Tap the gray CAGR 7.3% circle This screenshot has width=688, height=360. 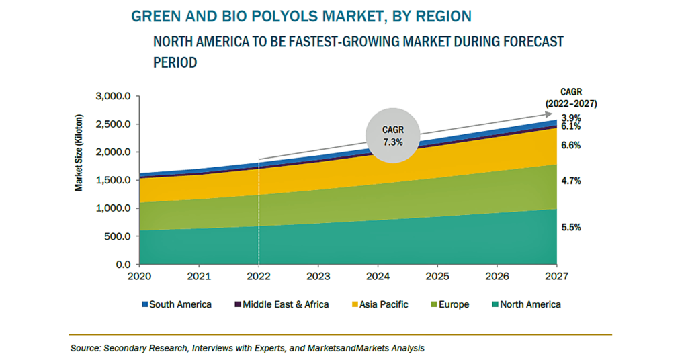pyautogui.click(x=394, y=136)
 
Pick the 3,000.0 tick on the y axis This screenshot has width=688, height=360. pyautogui.click(x=113, y=97)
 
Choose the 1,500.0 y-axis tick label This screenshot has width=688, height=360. pyautogui.click(x=113, y=181)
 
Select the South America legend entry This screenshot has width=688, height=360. pyautogui.click(x=176, y=304)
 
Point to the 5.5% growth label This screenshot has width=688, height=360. pyautogui.click(x=571, y=228)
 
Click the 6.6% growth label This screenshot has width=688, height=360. pyautogui.click(x=571, y=146)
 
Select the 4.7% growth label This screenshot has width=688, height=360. pyautogui.click(x=571, y=181)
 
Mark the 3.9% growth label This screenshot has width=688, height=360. pyautogui.click(x=571, y=117)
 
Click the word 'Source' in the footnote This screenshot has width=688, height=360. pyautogui.click(x=85, y=348)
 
